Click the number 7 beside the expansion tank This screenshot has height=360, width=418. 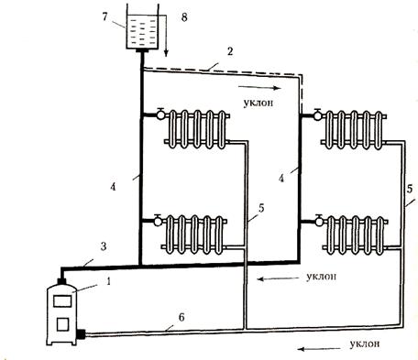104,16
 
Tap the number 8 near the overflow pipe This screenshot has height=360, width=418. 184,17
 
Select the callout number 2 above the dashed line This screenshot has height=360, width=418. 230,51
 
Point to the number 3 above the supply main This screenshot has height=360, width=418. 104,246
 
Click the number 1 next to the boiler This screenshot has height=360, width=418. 108,281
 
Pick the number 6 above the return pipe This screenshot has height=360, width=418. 181,317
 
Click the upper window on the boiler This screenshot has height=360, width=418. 62,301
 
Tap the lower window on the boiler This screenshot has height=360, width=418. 62,324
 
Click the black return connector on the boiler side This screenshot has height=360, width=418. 81,334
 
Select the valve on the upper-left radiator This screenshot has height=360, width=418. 160,115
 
